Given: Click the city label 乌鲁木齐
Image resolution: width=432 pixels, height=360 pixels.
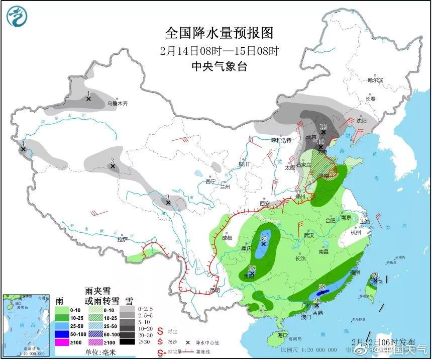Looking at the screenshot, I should click(118, 104).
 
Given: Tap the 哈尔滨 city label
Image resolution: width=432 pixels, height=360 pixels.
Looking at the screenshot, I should click(375, 80).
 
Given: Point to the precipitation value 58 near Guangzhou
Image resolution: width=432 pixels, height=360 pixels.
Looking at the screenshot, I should click(323, 287).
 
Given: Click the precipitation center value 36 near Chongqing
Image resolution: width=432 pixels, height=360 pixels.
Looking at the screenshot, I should click(262, 238).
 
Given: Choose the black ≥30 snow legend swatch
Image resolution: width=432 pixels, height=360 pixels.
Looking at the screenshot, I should click(129, 342).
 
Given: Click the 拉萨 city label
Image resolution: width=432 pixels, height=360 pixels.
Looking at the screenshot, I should click(123, 240).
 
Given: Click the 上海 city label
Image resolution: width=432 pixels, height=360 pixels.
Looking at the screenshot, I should click(365, 221).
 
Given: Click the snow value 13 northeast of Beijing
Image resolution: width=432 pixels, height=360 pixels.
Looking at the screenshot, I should click(323, 126).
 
